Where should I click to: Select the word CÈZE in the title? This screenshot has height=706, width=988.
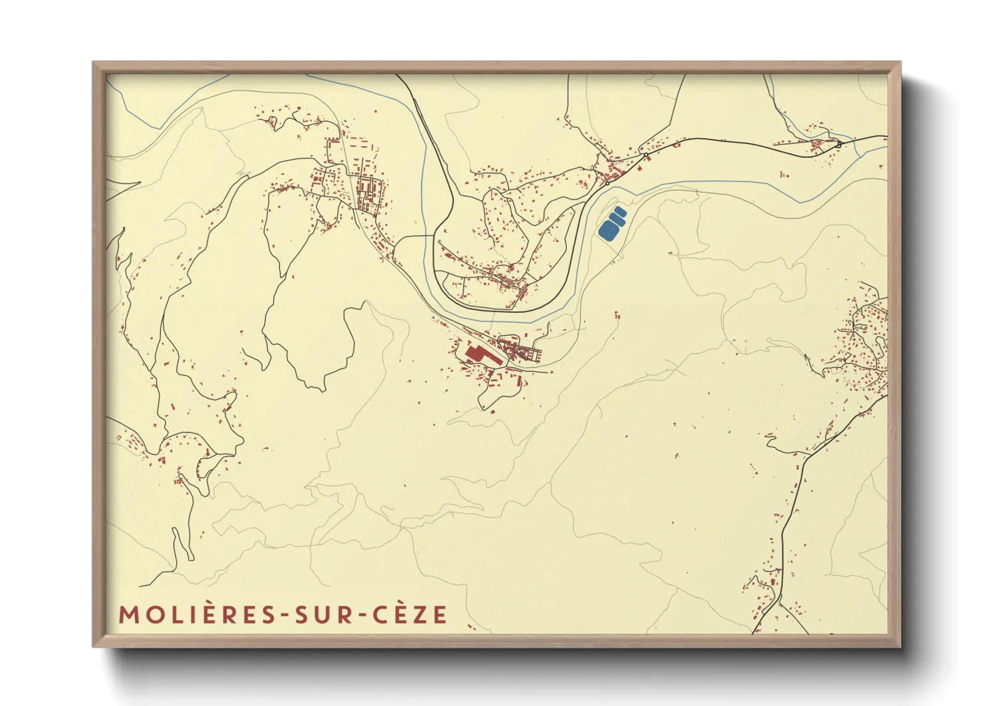click(409, 615)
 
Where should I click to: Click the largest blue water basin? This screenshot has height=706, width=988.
click(608, 230)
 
